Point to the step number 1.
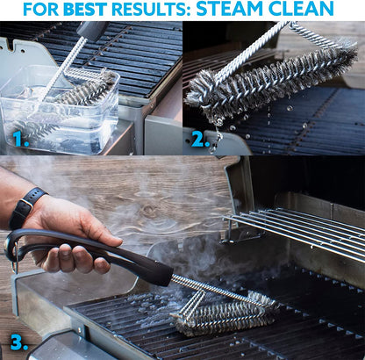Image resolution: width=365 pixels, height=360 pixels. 19,138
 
